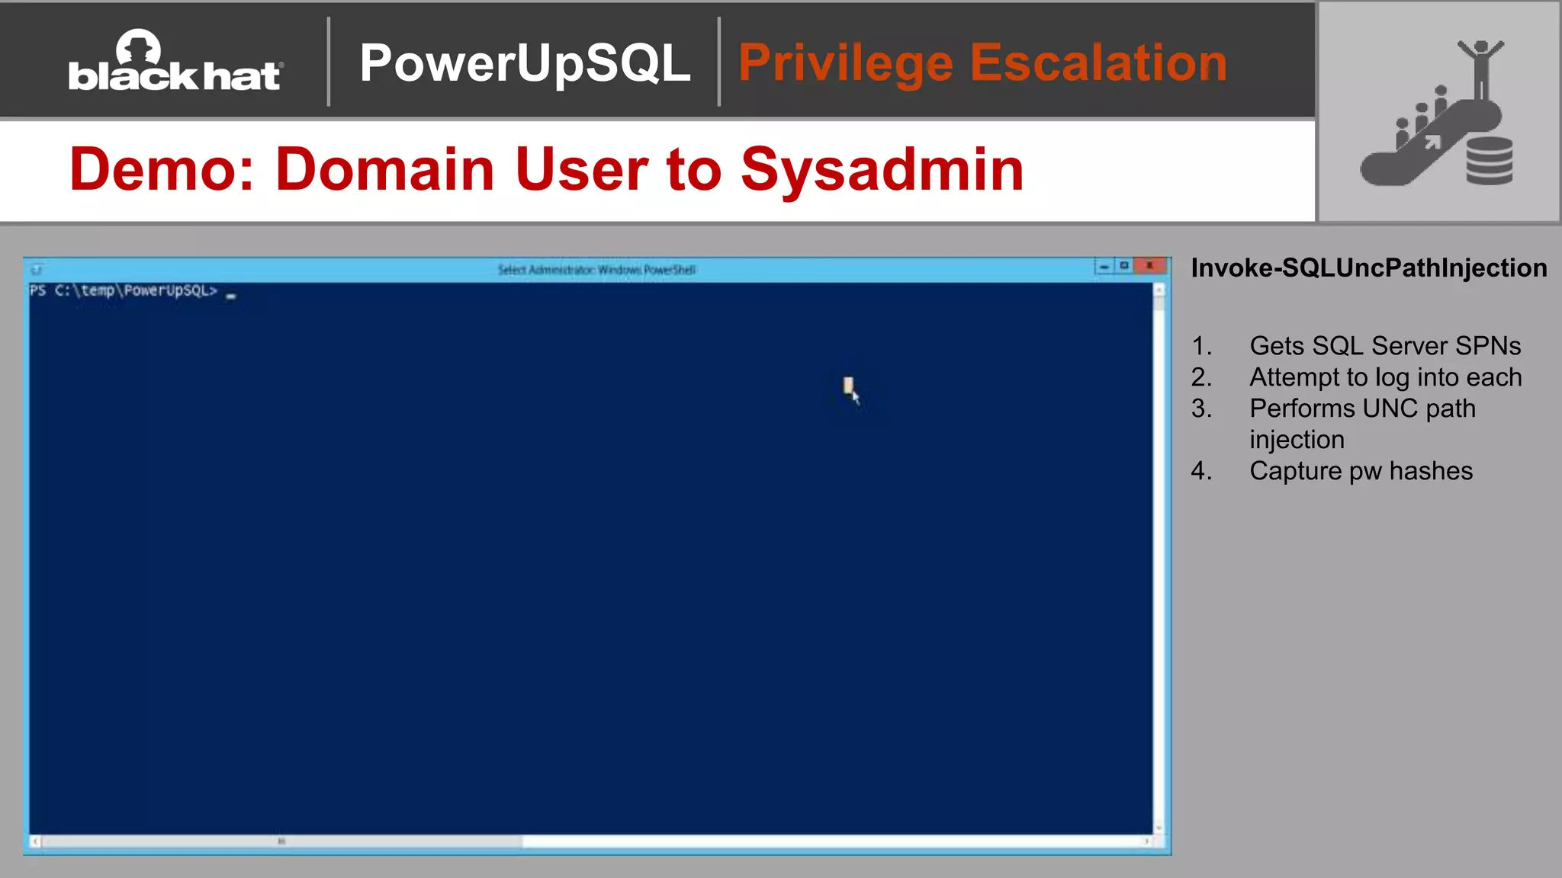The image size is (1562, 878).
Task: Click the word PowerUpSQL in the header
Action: pos(525,63)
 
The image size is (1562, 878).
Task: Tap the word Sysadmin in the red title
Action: pos(882,169)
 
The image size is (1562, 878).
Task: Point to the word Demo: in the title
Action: pos(162,169)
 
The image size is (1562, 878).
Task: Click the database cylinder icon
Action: pos(1489,161)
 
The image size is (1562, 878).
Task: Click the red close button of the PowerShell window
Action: pos(1149,266)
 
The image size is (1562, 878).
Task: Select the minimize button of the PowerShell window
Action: pos(1104,266)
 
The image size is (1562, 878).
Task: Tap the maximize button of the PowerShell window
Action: pos(1124,266)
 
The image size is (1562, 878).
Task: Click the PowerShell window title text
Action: pos(596,270)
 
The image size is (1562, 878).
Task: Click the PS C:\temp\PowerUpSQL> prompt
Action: pos(124,290)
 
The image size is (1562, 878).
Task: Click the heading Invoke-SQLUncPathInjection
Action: pos(1368,268)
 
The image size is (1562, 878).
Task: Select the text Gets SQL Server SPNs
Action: pos(1384,346)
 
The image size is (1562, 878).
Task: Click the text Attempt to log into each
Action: pos(1385,377)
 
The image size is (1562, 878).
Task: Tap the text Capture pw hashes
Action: pos(1361,471)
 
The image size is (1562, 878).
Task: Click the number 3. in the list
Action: pos(1201,409)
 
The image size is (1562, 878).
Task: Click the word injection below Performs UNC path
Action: pos(1297,440)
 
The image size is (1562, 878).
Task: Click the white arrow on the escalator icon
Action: pos(1432,143)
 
